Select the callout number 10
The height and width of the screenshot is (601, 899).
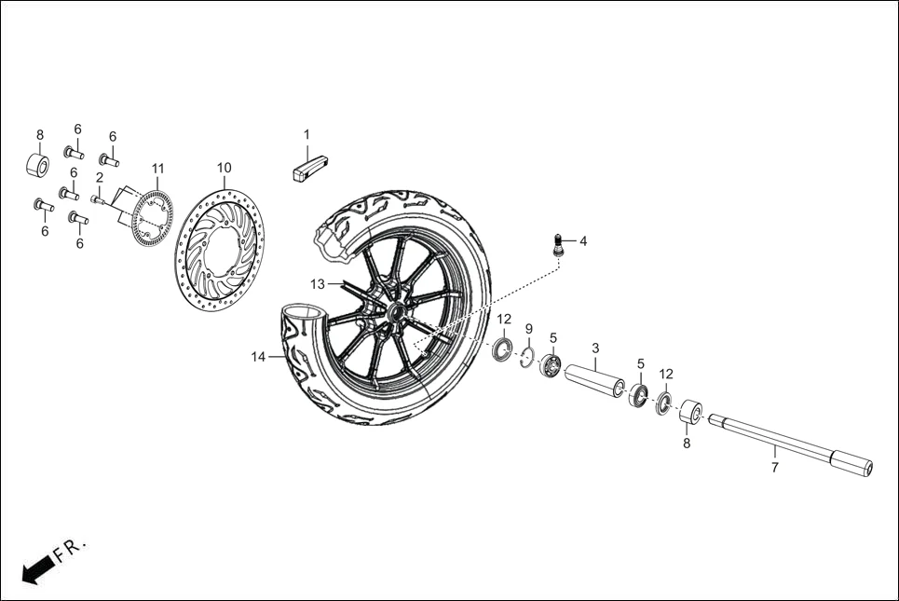pos(224,168)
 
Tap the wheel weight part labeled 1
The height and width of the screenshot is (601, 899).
pos(306,170)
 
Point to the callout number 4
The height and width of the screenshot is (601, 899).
pos(583,241)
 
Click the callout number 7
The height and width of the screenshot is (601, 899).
pos(774,468)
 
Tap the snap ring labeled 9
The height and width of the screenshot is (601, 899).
pos(525,359)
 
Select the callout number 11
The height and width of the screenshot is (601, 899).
pos(158,169)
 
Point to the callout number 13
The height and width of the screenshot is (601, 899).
pos(318,283)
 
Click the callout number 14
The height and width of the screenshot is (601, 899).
pos(259,356)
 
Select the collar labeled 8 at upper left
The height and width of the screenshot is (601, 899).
pos(38,165)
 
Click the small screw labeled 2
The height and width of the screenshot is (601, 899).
pos(97,198)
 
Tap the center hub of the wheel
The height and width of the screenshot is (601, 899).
pos(396,312)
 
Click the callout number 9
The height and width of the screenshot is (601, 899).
pos(528,329)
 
